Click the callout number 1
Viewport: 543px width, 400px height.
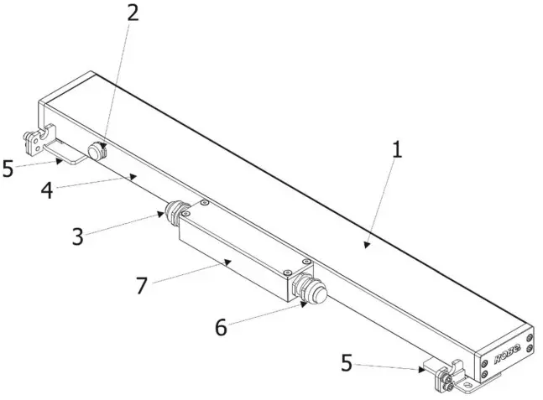tap(397, 150)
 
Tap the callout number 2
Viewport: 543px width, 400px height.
tap(132, 13)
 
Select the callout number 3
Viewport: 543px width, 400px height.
tap(77, 236)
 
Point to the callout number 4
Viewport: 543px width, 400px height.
tap(48, 190)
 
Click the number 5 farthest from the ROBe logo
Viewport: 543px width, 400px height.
tap(8, 169)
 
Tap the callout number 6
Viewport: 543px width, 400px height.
tap(220, 327)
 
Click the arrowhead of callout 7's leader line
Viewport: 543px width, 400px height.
tap(228, 262)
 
